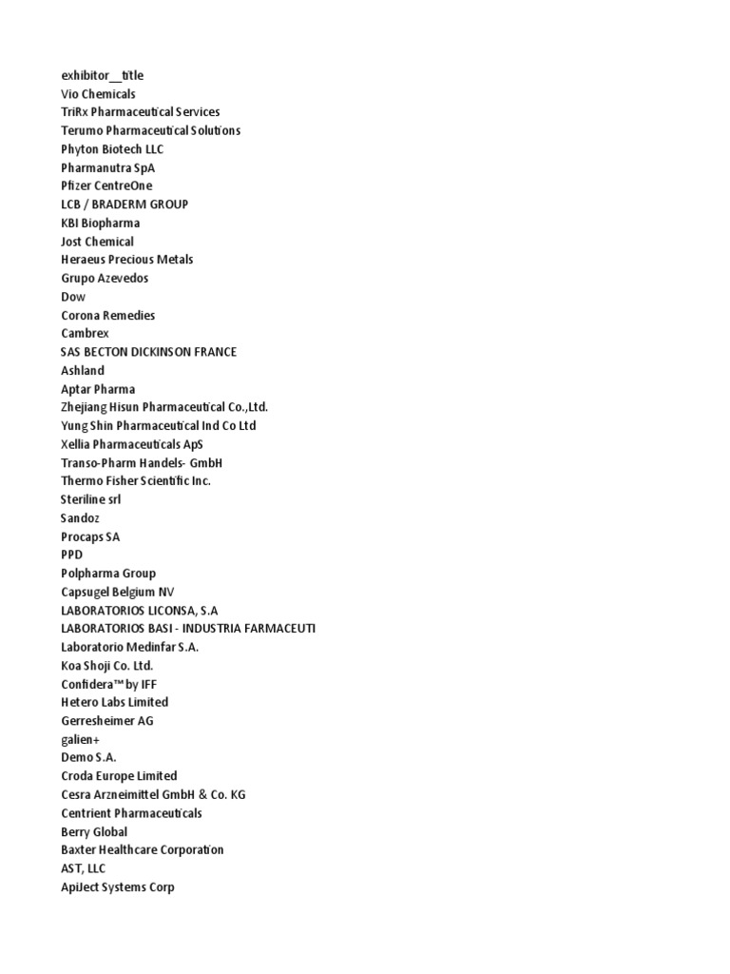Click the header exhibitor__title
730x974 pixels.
[x=103, y=75]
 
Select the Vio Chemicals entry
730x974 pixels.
[x=98, y=94]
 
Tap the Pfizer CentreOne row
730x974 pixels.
[x=106, y=185]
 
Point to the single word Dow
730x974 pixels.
[x=73, y=297]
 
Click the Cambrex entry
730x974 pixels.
[x=85, y=334]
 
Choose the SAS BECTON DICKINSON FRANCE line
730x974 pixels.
[x=149, y=352]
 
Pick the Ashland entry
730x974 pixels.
[x=83, y=370]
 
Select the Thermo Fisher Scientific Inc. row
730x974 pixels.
[x=136, y=481]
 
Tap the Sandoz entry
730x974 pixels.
[x=80, y=518]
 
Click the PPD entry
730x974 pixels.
[x=72, y=555]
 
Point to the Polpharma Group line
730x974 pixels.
[x=108, y=574]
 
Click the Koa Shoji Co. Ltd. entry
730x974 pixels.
[x=106, y=666]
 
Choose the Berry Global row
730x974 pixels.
[x=94, y=831]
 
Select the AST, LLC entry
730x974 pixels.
[x=84, y=868]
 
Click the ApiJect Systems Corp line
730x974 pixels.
[x=118, y=886]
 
